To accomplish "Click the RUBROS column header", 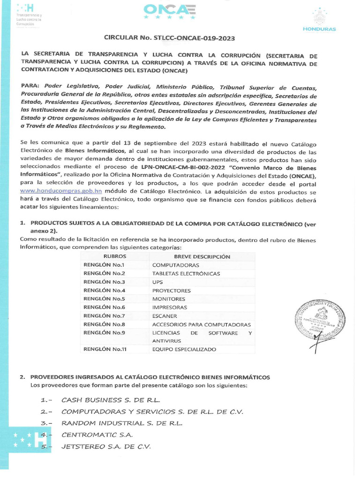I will [x=114, y=256].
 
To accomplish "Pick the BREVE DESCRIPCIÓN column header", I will [x=202, y=256].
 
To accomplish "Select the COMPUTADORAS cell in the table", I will [x=169, y=265].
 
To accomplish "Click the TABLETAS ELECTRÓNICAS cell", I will [x=186, y=273].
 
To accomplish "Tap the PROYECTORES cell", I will [x=171, y=291].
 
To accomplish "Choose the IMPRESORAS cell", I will [x=169, y=307].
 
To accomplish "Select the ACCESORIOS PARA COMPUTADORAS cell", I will [x=201, y=324].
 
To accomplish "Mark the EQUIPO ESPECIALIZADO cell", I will [x=184, y=349].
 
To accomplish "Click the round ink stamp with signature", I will [x=320, y=323].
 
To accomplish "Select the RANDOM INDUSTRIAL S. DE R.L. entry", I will [x=122, y=423].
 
